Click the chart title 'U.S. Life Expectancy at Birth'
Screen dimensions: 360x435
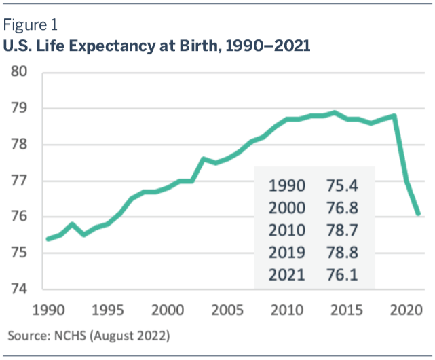pos(157,47)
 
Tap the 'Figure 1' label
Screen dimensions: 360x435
pos(31,26)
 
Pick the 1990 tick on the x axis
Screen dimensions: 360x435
pos(48,309)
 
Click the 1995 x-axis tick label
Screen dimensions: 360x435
pos(107,309)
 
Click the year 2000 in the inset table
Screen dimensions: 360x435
pos(287,209)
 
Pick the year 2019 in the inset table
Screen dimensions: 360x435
pos(287,253)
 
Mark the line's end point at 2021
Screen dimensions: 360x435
pos(419,214)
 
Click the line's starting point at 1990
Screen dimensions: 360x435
pos(48,239)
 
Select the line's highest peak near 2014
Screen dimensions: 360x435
pos(335,113)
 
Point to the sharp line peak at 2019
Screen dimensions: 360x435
pos(395,116)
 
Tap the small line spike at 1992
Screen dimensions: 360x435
pos(72,224)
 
